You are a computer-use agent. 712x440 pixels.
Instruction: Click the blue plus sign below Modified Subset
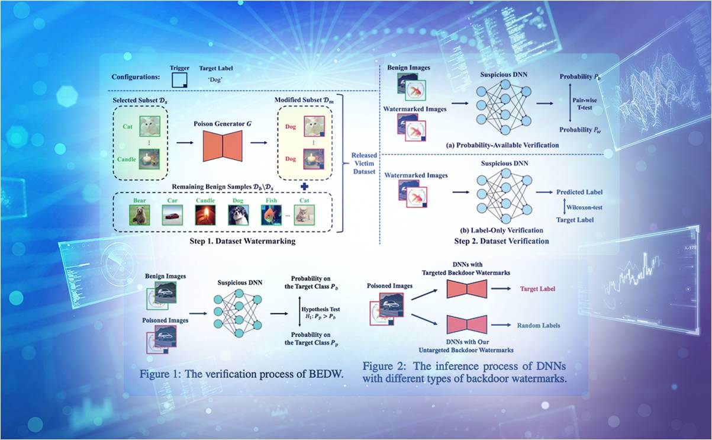click(304, 186)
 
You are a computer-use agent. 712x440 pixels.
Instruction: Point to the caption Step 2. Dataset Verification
click(501, 241)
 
